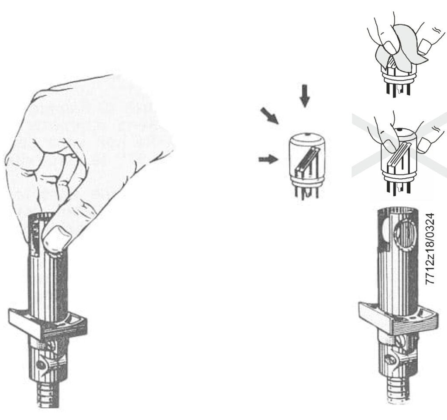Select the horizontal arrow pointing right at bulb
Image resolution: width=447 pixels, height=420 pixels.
click(268, 159)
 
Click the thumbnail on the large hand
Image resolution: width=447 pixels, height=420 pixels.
click(56, 237)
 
